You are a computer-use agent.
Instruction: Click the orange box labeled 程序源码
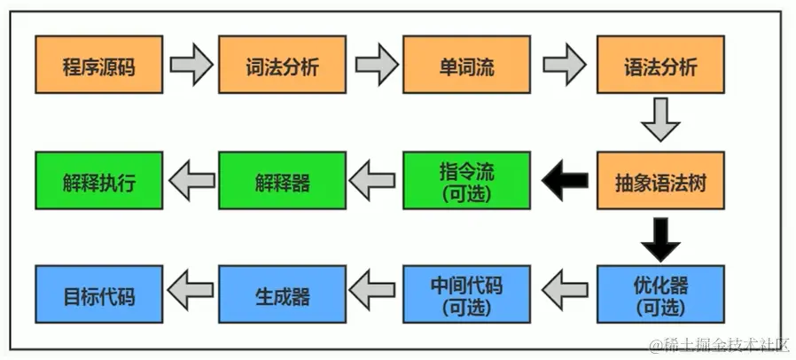[99, 65]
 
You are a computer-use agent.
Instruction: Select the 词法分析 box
[282, 65]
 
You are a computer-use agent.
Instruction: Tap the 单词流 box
[466, 65]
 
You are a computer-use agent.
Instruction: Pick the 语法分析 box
[660, 65]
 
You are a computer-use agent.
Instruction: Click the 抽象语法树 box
[660, 181]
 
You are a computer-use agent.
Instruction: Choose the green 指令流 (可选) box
[466, 181]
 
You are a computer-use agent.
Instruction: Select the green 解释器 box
[282, 181]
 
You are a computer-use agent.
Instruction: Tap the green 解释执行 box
[99, 181]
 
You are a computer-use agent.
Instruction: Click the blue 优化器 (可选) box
[660, 296]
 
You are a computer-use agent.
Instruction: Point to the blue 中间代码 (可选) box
[466, 296]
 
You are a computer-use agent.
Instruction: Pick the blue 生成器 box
[282, 296]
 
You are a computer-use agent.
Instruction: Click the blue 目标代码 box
[99, 296]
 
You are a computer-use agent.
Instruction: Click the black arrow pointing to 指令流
[565, 181]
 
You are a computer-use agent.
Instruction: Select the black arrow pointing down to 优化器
[660, 238]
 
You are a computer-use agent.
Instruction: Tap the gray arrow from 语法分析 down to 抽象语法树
[660, 121]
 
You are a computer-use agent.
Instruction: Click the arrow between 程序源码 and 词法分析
[191, 65]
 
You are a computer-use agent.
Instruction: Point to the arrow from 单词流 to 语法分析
[565, 65]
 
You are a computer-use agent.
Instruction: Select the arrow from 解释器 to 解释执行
[191, 181]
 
